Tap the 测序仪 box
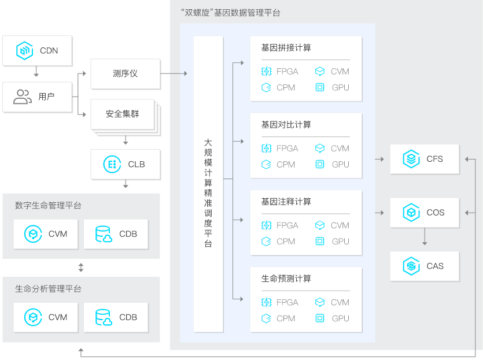[x=125, y=74]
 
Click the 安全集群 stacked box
[x=123, y=114]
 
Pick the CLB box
[x=125, y=164]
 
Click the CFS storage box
[x=425, y=159]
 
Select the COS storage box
[x=425, y=213]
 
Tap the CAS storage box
[x=425, y=266]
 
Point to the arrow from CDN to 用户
[x=36, y=72]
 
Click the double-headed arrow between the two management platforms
[x=81, y=268]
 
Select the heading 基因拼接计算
[x=286, y=48]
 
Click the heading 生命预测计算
[x=286, y=279]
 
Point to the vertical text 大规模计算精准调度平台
[x=208, y=193]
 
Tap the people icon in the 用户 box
[x=23, y=97]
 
